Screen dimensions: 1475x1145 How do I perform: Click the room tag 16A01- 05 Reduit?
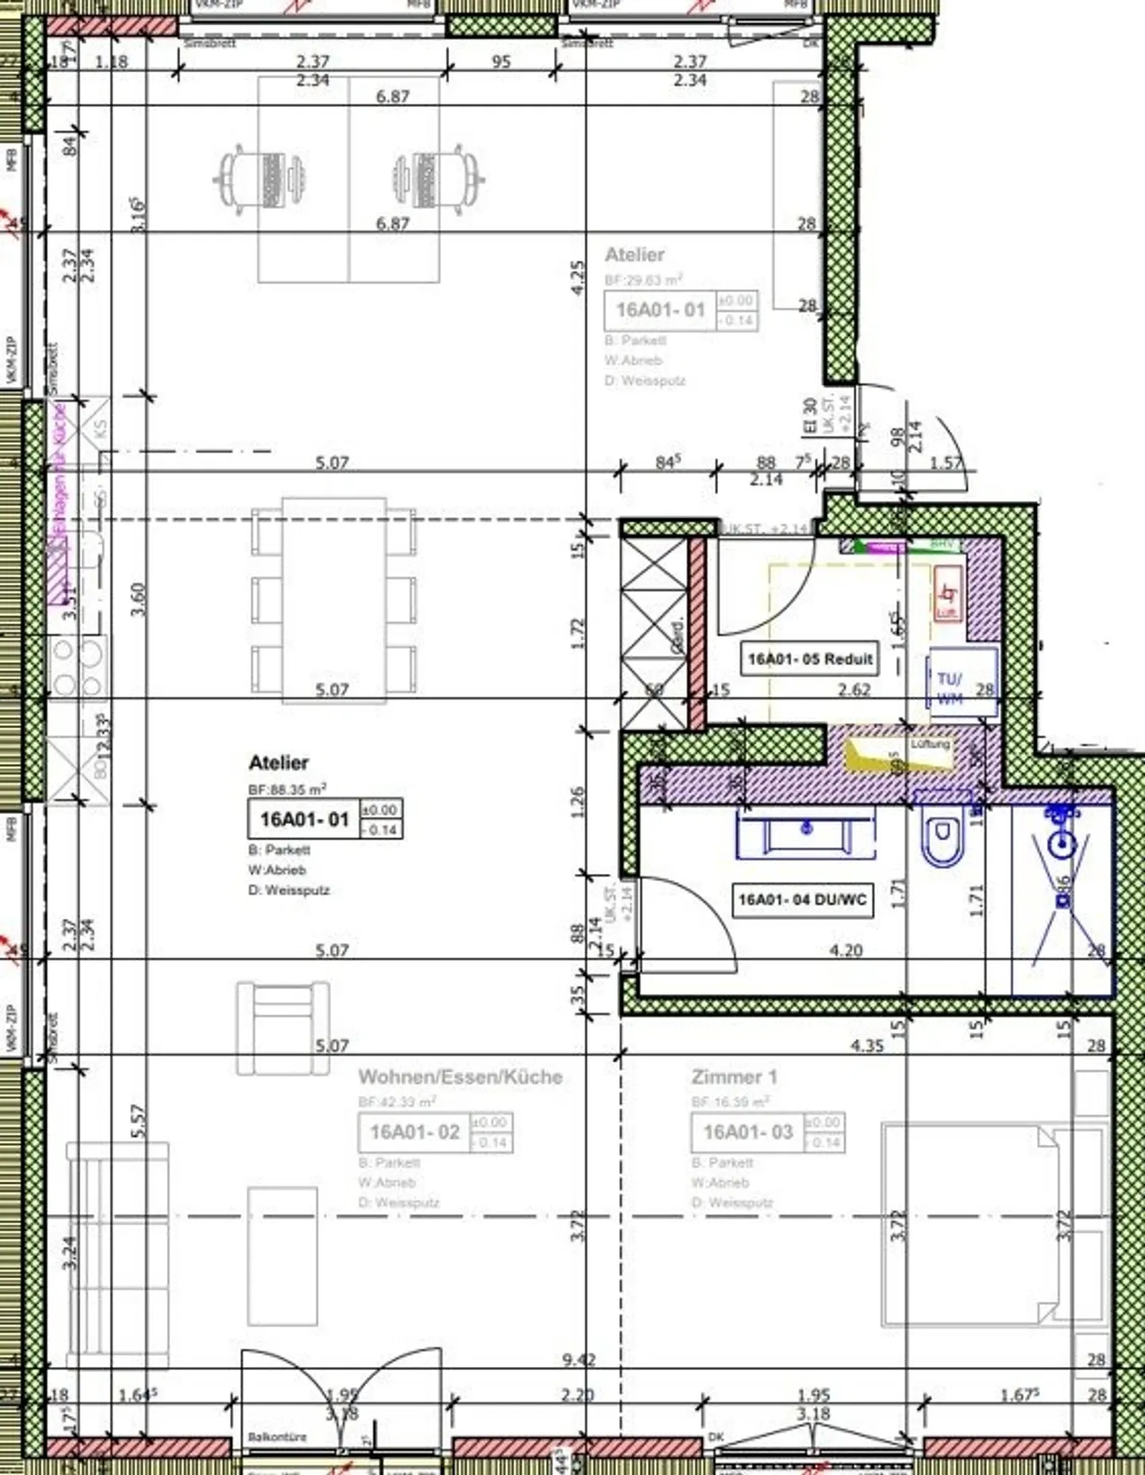[809, 658]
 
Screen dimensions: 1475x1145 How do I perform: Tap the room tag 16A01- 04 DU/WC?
[801, 900]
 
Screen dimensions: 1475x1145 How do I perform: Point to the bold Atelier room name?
[278, 763]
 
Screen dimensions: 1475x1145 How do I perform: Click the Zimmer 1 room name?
[734, 1077]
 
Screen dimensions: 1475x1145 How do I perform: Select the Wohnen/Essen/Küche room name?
[460, 1077]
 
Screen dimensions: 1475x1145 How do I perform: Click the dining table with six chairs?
[334, 600]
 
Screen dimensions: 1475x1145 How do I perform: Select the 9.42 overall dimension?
[578, 1360]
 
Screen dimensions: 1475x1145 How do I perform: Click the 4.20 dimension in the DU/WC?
[845, 950]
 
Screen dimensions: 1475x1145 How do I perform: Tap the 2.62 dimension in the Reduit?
[854, 689]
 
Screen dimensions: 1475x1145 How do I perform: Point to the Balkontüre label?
[277, 1437]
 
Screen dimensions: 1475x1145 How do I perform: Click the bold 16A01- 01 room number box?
[305, 819]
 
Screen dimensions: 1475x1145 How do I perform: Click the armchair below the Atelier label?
[283, 1028]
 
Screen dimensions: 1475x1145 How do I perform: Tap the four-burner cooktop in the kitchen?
[78, 666]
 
